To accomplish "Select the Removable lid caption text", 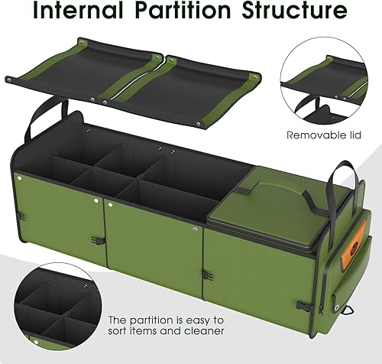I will [x=323, y=135].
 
